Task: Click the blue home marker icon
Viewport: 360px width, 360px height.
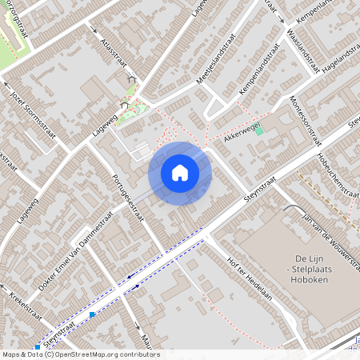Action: click(180, 173)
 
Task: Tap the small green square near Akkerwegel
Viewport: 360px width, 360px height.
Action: click(258, 130)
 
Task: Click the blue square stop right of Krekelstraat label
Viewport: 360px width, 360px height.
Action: click(93, 314)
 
